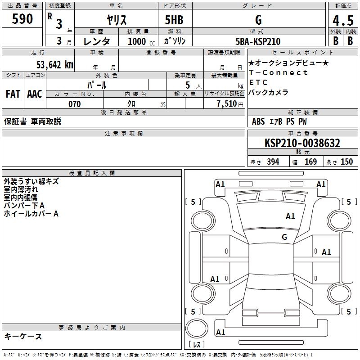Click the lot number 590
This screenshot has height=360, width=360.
[x=22, y=19]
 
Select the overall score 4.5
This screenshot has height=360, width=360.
[x=343, y=20]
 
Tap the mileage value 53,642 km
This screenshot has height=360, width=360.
[x=55, y=65]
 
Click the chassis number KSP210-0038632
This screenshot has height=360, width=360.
[x=302, y=143]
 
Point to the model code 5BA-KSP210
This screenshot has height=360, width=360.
[x=258, y=41]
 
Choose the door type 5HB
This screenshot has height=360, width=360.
[x=174, y=20]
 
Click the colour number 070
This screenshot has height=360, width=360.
[x=75, y=104]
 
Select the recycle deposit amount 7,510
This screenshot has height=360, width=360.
[x=227, y=104]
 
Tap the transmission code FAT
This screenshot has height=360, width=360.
[x=13, y=94]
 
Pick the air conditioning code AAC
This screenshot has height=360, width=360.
[x=35, y=94]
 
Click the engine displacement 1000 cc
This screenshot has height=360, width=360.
[x=141, y=41]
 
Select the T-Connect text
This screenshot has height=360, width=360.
[x=278, y=72]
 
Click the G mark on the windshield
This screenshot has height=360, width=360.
[x=284, y=237]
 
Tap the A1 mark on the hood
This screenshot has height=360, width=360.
[x=290, y=216]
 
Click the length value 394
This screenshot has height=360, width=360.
[x=273, y=162]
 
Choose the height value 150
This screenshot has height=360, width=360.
[x=346, y=162]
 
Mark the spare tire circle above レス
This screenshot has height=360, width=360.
[x=197, y=328]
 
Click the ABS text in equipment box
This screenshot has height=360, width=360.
[x=258, y=121]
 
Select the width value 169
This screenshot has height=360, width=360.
[x=310, y=162]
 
